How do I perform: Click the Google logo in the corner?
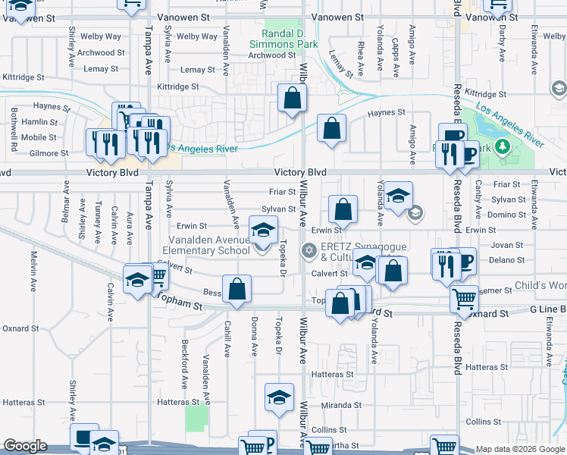(25, 446)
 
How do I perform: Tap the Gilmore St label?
(48, 153)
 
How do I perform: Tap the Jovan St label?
(506, 245)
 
